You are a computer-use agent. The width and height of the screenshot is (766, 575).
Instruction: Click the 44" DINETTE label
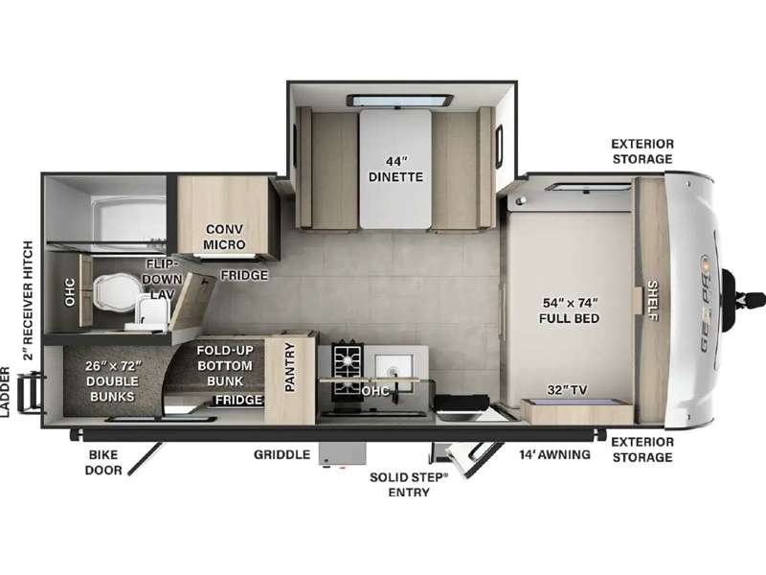pyautogui.click(x=395, y=169)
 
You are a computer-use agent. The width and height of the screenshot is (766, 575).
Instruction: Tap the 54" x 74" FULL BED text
pyautogui.click(x=570, y=310)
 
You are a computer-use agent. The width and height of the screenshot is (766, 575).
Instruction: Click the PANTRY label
pyautogui.click(x=290, y=367)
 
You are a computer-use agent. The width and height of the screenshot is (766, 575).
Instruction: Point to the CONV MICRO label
pyautogui.click(x=224, y=237)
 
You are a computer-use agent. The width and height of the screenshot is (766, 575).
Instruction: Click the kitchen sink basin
pyautogui.click(x=394, y=367)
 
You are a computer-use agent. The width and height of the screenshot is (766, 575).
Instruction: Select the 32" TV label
pyautogui.click(x=567, y=390)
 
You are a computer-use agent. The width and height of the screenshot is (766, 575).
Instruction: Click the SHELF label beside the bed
pyautogui.click(x=653, y=301)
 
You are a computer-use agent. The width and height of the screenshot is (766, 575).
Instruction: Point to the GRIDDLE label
pyautogui.click(x=282, y=454)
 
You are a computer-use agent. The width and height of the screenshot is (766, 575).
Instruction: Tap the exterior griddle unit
pyautogui.click(x=343, y=454)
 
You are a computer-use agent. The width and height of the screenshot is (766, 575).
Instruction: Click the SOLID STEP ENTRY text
pyautogui.click(x=409, y=485)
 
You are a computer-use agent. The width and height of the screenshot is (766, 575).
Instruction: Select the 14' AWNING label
pyautogui.click(x=555, y=454)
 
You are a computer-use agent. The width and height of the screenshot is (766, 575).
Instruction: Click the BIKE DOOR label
pyautogui.click(x=103, y=463)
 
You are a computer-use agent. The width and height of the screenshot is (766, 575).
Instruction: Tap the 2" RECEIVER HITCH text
pyautogui.click(x=28, y=300)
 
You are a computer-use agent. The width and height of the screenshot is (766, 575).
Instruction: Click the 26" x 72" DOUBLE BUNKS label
pyautogui.click(x=112, y=380)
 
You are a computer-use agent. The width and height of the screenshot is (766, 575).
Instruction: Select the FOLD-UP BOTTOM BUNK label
pyautogui.click(x=225, y=365)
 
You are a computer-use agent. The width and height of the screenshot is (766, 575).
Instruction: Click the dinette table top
pyautogui.click(x=395, y=169)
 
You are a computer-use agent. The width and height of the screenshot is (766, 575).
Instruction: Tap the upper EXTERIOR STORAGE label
pyautogui.click(x=642, y=151)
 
